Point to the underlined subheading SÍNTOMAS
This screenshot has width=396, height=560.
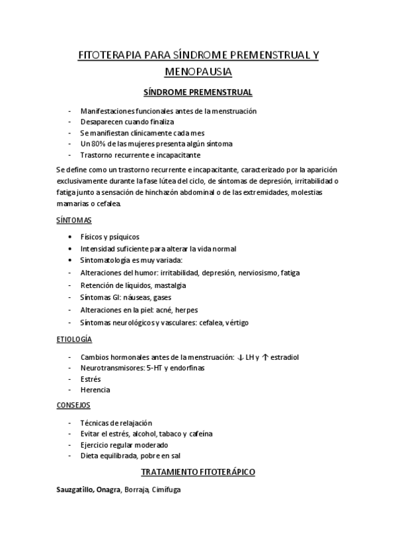pyautogui.click(x=74, y=219)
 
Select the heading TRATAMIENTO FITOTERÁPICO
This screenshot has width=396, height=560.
pyautogui.click(x=198, y=473)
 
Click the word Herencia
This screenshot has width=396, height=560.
pyautogui.click(x=95, y=390)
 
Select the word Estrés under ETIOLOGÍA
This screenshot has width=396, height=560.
pyautogui.click(x=90, y=379)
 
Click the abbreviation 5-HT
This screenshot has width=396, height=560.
pyautogui.click(x=153, y=368)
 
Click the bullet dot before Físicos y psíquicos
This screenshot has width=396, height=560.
pyautogui.click(x=71, y=237)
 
